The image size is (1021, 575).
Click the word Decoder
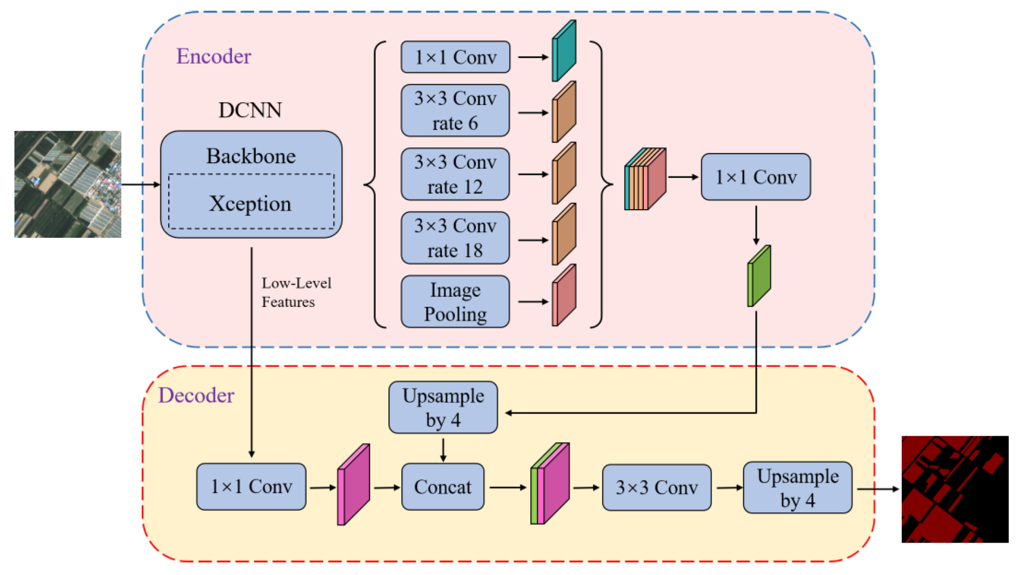pos(196,395)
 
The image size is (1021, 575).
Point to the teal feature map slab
pos(565,51)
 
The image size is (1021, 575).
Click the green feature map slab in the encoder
pos(759,276)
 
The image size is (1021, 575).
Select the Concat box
pos(443,487)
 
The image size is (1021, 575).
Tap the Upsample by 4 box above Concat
pos(443,407)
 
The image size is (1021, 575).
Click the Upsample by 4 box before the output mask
pos(798,487)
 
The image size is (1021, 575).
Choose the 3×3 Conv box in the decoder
pos(656,487)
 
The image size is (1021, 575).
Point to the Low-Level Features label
pos(296,292)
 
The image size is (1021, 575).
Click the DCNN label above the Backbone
pos(250,110)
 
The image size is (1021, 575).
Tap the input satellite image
pos(68,184)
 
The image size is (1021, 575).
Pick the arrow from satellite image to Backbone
pos(140,184)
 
